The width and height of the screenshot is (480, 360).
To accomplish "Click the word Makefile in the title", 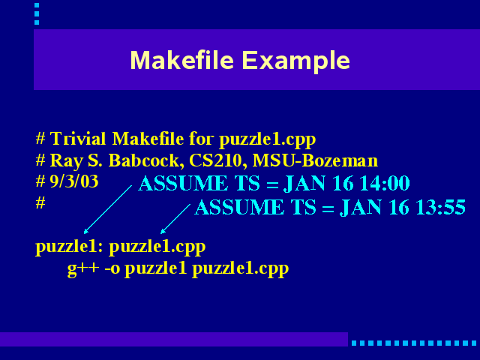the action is pyautogui.click(x=182, y=60).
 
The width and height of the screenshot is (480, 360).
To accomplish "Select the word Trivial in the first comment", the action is pyautogui.click(x=78, y=139).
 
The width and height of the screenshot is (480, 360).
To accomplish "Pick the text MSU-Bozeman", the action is pyautogui.click(x=315, y=160).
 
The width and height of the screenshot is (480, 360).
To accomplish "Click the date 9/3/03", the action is pyautogui.click(x=74, y=181).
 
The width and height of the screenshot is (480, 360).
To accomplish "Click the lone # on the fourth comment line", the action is pyautogui.click(x=40, y=202).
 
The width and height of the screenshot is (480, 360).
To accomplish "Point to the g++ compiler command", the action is pyautogui.click(x=83, y=268).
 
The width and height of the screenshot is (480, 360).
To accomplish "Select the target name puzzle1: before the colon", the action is pyautogui.click(x=69, y=247).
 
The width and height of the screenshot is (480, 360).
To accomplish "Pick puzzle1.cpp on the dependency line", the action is pyautogui.click(x=157, y=247).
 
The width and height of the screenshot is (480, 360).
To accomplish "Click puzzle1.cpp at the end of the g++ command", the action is pyautogui.click(x=240, y=269).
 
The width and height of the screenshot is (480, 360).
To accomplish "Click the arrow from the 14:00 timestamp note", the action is pyautogui.click(x=108, y=209).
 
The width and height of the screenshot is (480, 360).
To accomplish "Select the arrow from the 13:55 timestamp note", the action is pyautogui.click(x=175, y=219).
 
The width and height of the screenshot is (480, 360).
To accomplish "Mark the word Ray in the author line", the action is pyautogui.click(x=66, y=161).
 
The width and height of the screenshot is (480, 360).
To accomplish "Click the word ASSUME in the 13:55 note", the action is pyautogui.click(x=240, y=207).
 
